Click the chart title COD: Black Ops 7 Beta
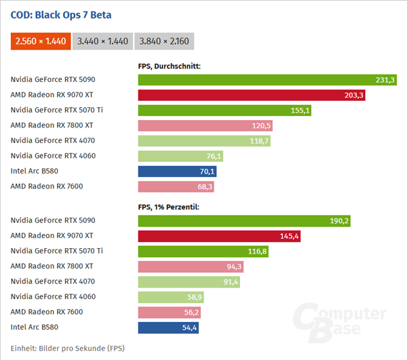61,15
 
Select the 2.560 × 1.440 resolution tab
41,41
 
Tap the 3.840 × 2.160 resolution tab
164,41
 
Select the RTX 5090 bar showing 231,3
268,79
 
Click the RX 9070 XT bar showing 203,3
252,95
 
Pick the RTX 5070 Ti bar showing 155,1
225,110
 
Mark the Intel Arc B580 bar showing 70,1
177,171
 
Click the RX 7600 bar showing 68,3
176,186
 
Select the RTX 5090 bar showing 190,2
245,220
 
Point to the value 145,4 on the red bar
288,236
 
